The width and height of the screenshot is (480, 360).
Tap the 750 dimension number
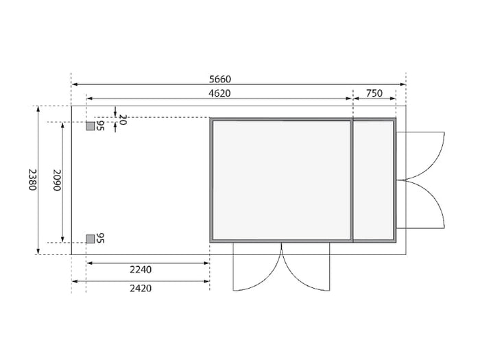(x=374, y=93)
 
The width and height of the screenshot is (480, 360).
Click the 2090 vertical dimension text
(x=58, y=180)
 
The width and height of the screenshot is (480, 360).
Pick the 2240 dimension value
(x=141, y=269)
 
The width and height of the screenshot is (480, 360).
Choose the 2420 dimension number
(x=141, y=288)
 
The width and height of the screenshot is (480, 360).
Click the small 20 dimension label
(x=123, y=119)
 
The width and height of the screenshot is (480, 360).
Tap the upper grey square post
(x=90, y=126)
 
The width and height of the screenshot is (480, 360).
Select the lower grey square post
(x=90, y=239)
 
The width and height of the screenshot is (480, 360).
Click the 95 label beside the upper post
(x=100, y=126)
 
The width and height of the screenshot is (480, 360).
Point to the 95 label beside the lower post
(x=100, y=239)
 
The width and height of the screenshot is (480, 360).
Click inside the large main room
(x=281, y=180)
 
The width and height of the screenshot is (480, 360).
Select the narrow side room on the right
(x=373, y=180)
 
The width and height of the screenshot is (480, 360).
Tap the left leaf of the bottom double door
(x=255, y=269)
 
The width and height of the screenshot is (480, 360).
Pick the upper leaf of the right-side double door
(x=422, y=154)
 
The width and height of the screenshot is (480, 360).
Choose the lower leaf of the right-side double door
(x=422, y=204)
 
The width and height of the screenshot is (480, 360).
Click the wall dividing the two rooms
(x=352, y=180)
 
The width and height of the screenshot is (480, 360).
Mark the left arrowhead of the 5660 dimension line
(x=75, y=84)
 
